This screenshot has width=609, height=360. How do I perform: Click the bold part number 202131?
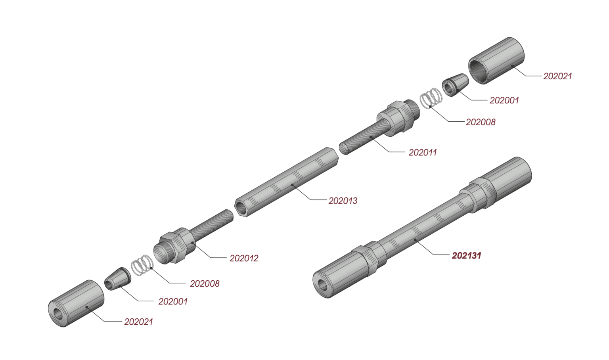(x=466, y=256)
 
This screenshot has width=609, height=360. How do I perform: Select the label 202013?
(x=343, y=201)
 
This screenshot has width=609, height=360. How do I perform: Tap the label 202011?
(x=423, y=153)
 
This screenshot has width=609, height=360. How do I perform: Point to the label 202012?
(x=244, y=259)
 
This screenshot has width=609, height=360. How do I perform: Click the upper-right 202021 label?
(x=557, y=77)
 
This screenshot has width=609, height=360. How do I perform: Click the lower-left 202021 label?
(x=138, y=322)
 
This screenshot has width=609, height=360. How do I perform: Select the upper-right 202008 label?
(x=481, y=123)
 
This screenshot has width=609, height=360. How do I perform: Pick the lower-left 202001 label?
(x=173, y=302)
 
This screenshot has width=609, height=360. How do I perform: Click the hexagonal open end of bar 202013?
(x=241, y=207)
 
